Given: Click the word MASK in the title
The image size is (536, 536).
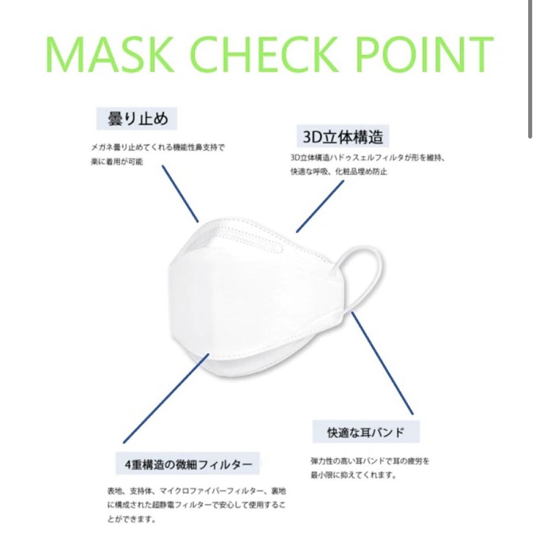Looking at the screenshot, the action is pyautogui.click(x=110, y=55).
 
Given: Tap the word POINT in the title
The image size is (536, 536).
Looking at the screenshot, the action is pyautogui.click(x=424, y=54).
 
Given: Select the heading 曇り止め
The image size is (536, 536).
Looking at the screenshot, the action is pyautogui.click(x=137, y=119).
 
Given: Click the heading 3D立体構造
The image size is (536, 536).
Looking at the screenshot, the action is pyautogui.click(x=343, y=137).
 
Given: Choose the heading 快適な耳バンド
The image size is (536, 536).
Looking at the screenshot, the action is pyautogui.click(x=366, y=432).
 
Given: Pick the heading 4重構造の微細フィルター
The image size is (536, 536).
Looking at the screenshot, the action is pyautogui.click(x=188, y=464).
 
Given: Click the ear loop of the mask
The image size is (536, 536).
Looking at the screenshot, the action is pyautogui.click(x=362, y=273).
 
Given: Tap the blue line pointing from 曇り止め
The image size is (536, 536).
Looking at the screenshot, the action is pyautogui.click(x=180, y=194).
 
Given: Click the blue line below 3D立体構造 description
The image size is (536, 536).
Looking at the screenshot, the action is pyautogui.click(x=320, y=206).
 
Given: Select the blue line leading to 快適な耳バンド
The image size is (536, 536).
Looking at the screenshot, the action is pyautogui.click(x=383, y=363).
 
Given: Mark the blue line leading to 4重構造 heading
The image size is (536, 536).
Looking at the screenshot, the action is pyautogui.click(x=166, y=398).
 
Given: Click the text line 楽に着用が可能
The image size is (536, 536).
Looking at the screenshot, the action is pyautogui.click(x=117, y=162).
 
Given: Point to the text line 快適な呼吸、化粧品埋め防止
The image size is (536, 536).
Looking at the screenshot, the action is pyautogui.click(x=339, y=171).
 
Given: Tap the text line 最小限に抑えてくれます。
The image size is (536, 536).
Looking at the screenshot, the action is pyautogui.click(x=353, y=475).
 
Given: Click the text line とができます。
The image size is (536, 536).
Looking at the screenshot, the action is pyautogui.click(x=132, y=519).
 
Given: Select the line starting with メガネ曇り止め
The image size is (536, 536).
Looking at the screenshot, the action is pyautogui.click(x=158, y=148).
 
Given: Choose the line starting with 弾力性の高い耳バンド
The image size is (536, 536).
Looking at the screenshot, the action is pyautogui.click(x=370, y=461).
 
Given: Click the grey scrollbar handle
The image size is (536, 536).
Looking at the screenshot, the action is pyautogui.click(x=530, y=69).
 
